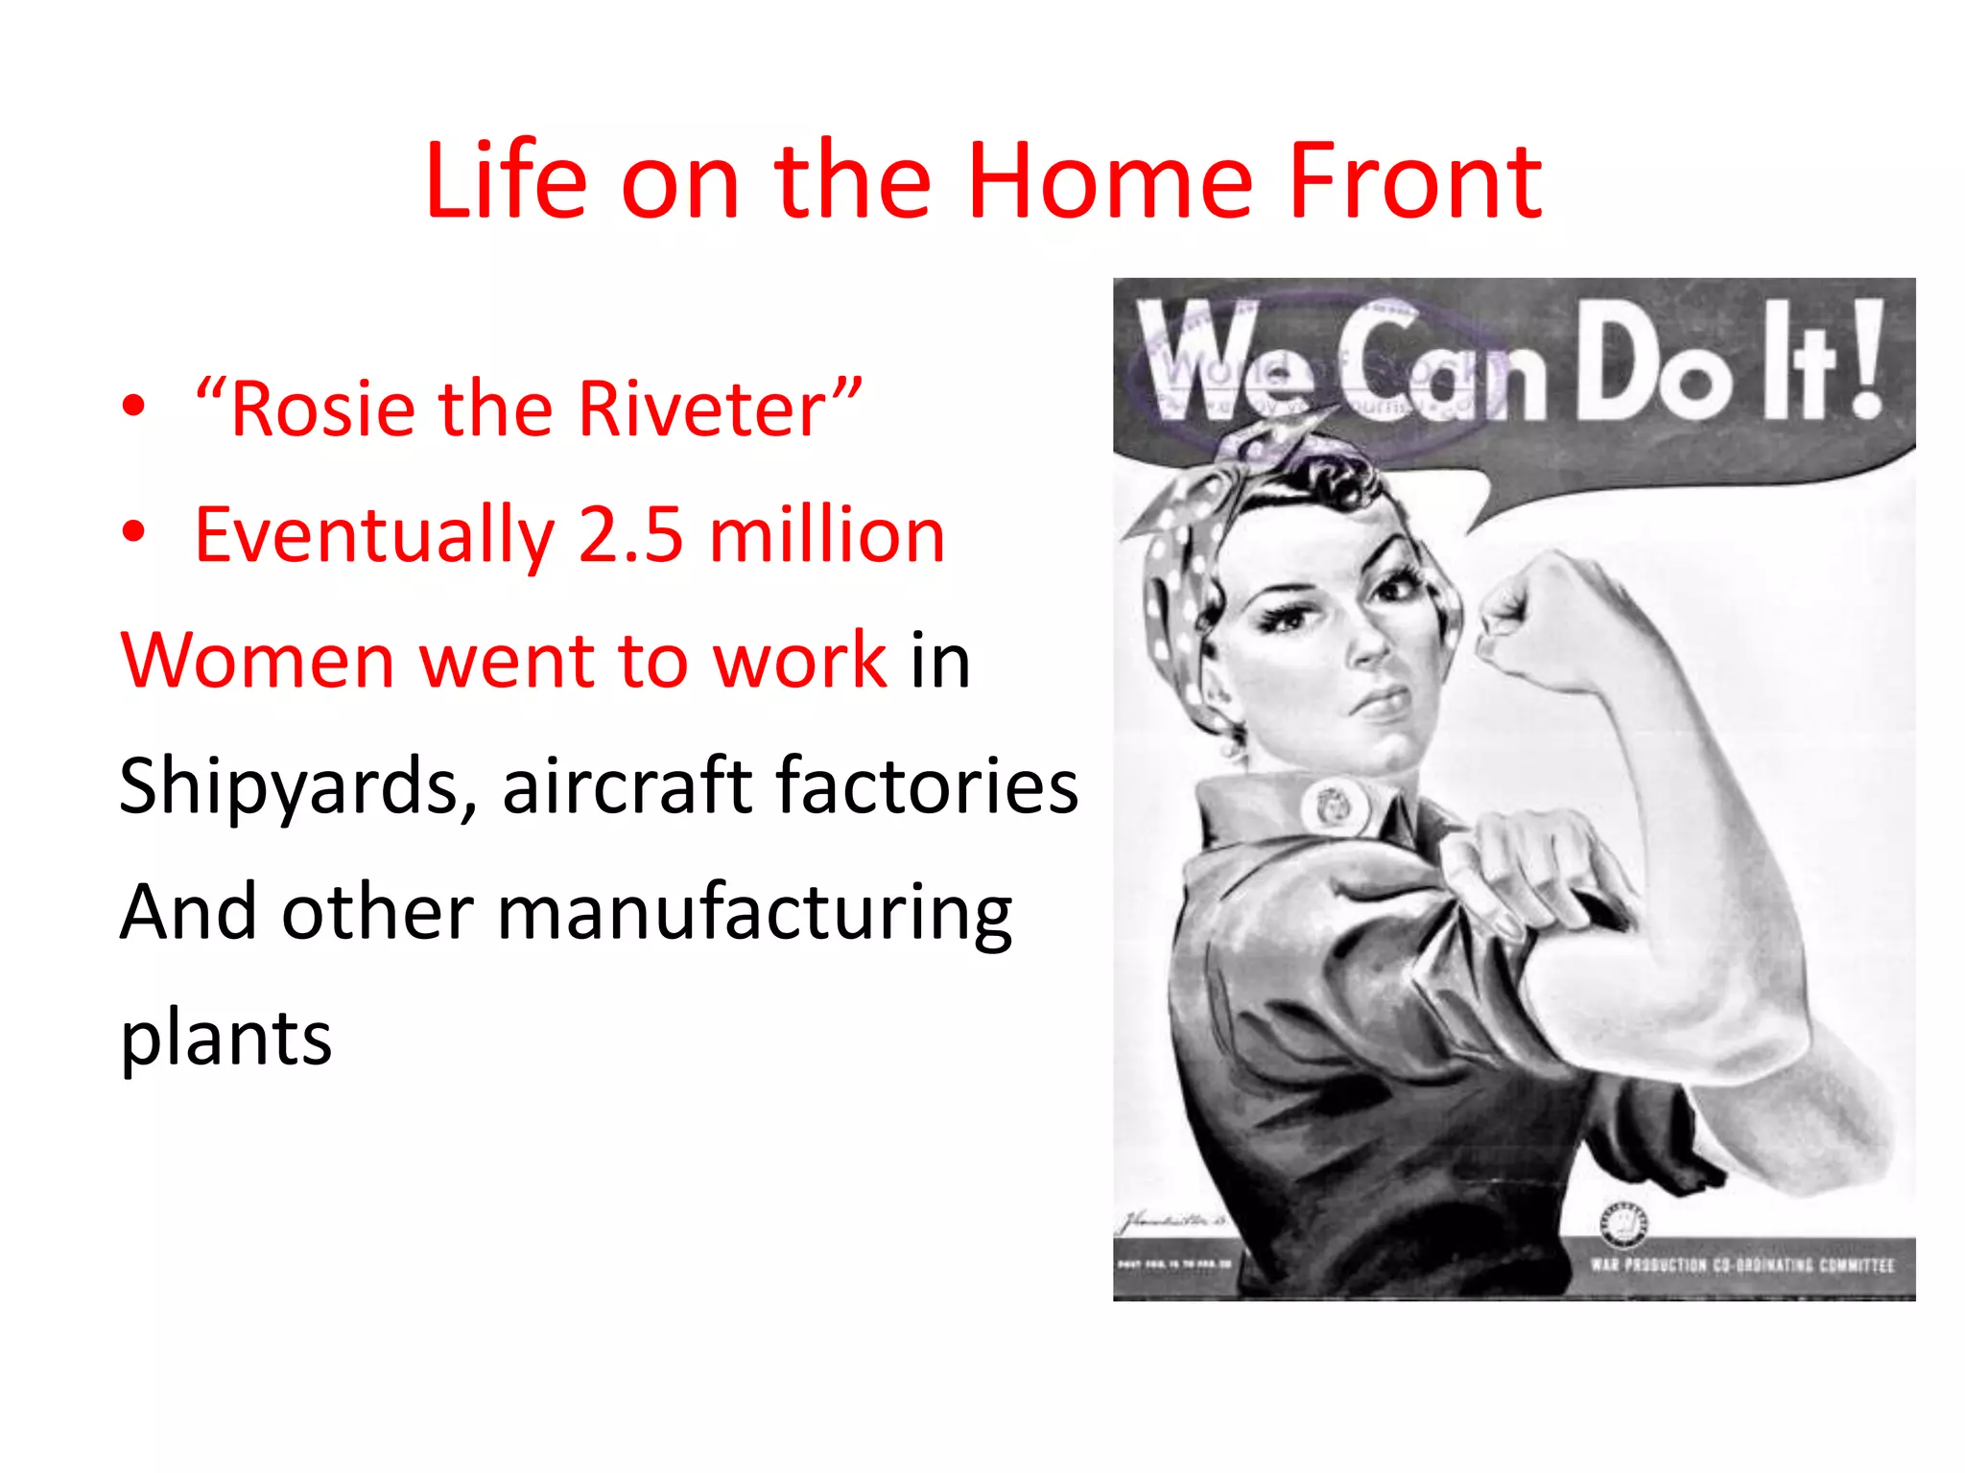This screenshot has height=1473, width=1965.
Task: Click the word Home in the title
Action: coord(1110,181)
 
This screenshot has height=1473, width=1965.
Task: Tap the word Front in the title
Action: coord(1415,181)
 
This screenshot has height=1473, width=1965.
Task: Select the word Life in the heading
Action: coord(506,181)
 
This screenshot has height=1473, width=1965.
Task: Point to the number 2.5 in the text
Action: coord(631,535)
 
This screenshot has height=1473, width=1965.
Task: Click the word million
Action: coord(827,535)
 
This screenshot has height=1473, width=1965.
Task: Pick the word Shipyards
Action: coord(297,786)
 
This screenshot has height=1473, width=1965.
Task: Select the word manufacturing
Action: coord(754,912)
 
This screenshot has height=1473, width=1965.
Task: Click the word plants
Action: coord(226,1038)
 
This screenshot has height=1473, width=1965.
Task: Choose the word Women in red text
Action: coord(257,661)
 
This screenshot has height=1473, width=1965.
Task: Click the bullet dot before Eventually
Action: coord(134,532)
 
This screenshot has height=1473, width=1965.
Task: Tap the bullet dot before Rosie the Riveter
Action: coord(134,407)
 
